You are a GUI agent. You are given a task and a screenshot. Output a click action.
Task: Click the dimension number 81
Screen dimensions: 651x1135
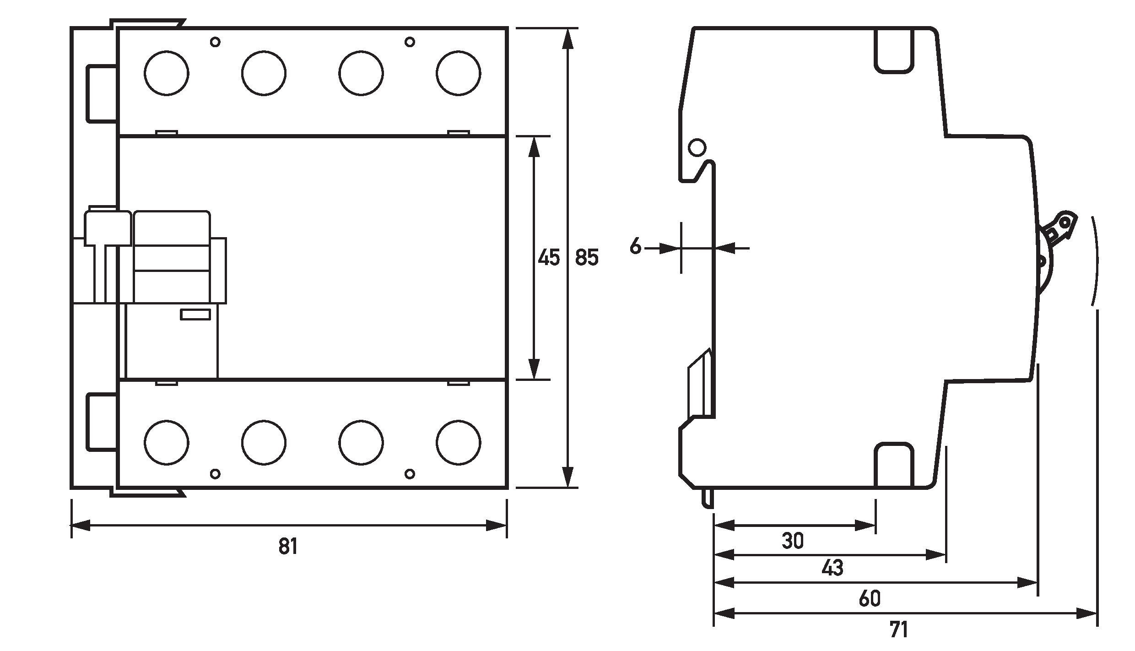coord(288,547)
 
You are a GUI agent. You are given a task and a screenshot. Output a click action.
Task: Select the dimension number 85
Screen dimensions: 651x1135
coord(587,258)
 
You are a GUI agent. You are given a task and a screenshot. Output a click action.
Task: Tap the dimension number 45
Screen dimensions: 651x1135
coord(548,258)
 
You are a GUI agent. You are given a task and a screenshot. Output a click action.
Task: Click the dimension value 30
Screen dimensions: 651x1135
coord(793,541)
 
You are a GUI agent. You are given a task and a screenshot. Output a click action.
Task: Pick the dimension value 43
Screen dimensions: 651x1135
coord(832,568)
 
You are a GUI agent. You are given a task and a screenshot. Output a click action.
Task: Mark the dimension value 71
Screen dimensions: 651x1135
coord(899,630)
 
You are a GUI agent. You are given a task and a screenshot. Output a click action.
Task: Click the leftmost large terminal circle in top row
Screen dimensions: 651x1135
coord(166,73)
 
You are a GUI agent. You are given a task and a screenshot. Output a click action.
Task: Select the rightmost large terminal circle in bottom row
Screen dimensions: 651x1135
coord(458,443)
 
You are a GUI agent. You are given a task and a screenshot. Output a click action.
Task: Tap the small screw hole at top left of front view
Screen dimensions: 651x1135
coord(215,42)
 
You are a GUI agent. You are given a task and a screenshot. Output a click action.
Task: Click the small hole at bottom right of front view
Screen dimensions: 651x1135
coord(410,474)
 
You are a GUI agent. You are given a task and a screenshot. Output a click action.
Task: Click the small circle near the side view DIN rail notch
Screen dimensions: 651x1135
coord(697,148)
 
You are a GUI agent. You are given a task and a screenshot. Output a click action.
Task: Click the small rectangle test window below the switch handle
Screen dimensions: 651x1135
coord(195,315)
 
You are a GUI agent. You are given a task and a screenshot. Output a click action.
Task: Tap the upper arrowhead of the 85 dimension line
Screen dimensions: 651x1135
coord(567,39)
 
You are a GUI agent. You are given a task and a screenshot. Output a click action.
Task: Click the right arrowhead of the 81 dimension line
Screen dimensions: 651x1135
coord(496,526)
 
